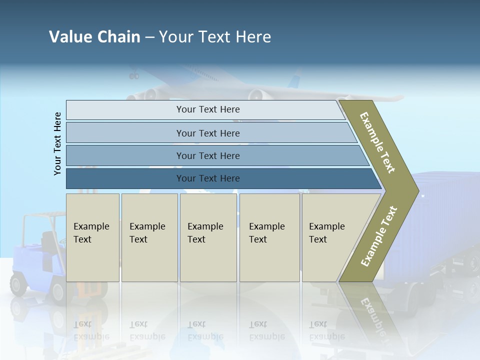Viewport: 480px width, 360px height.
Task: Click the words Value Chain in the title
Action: click(94, 36)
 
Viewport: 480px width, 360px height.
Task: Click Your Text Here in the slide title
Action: click(215, 36)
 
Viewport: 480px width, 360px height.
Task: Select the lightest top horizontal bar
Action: click(207, 109)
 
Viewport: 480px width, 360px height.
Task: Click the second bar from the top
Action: click(207, 133)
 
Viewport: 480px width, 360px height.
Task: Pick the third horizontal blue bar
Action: click(207, 155)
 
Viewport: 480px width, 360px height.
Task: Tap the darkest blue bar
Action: click(207, 178)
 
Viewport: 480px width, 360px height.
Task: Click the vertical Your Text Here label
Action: click(57, 144)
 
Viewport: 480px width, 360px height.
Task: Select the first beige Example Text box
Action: click(92, 237)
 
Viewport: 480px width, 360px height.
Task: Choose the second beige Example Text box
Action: click(149, 237)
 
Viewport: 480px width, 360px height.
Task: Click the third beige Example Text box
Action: click(208, 237)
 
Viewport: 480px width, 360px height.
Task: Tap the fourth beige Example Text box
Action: click(269, 237)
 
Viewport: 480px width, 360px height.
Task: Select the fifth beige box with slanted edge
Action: click(330, 237)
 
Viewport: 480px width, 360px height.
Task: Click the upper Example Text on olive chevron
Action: click(378, 142)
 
